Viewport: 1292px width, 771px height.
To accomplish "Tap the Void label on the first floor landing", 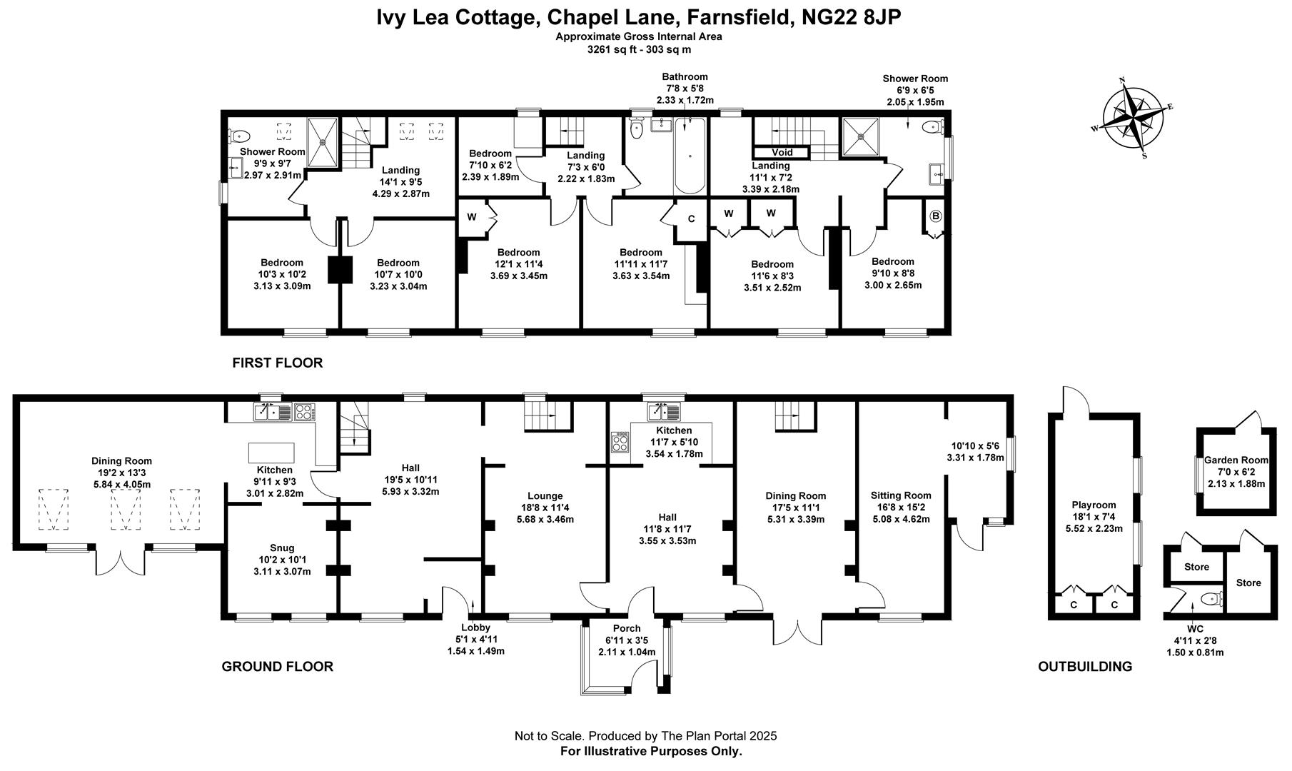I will click(x=782, y=152).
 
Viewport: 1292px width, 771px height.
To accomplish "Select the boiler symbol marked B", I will click(x=936, y=216).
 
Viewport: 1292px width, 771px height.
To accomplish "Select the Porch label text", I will click(x=627, y=628).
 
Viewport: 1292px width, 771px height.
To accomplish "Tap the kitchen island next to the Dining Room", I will click(x=271, y=453).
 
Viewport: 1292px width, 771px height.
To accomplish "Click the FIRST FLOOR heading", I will click(x=277, y=363).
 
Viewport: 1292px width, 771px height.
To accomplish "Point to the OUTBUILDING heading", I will click(x=1084, y=667).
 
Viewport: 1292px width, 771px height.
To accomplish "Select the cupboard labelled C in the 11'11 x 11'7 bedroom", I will click(x=691, y=218).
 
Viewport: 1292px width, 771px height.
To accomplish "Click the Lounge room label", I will click(x=545, y=496).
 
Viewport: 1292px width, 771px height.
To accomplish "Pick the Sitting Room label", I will click(x=901, y=495).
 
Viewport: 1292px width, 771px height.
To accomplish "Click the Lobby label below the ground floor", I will click(x=475, y=628).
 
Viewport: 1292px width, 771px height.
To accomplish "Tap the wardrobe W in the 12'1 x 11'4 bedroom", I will click(x=472, y=216).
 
